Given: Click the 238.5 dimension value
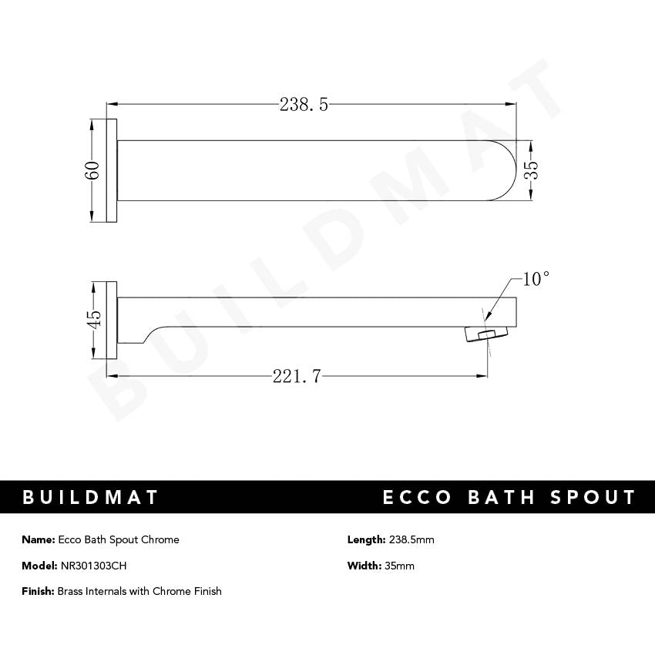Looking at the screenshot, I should pos(304,105).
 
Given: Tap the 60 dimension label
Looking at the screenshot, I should pos(92,171).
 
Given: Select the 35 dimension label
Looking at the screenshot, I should pos(530,171).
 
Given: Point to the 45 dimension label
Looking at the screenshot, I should pos(92,319).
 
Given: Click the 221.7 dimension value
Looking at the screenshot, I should pos(297,376).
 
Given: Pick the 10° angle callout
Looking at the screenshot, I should pos(536,279).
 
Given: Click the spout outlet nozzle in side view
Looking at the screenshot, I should pos(481,334).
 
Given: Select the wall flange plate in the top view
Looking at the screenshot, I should pos(112,171).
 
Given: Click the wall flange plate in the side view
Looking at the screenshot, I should pos(112,319).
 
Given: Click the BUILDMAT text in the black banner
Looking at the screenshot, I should pos(91,497).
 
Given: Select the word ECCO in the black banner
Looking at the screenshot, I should pos(417,497).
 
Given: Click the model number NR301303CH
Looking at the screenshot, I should pos(93,566).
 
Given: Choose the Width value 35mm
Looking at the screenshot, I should pos(400,566).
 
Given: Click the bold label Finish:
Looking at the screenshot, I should pos(39,591).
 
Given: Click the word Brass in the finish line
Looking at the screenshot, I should pos(72,591).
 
